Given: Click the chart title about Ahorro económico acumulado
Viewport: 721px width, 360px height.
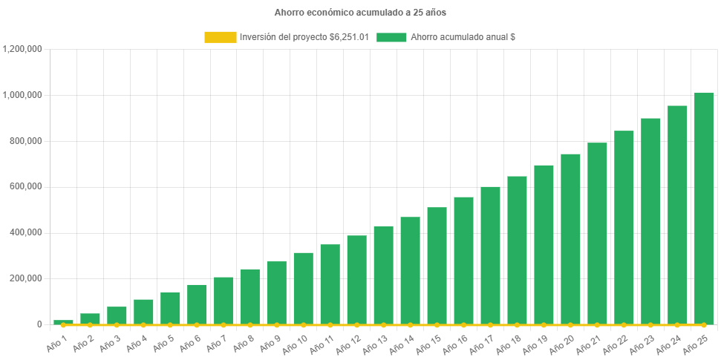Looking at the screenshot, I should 360,13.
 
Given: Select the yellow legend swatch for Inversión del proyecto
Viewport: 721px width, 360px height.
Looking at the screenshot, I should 220,37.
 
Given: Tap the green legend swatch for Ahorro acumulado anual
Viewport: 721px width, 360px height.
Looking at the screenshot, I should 391,37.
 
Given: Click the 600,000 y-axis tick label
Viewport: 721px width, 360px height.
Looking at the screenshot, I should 27,186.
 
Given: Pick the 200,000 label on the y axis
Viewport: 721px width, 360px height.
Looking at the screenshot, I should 27,278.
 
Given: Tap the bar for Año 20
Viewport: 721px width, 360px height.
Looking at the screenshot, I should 570,239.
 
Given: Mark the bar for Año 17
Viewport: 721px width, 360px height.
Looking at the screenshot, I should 490,255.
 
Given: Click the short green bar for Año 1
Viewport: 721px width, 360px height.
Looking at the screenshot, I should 63,321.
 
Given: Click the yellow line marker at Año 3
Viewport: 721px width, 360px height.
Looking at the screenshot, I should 117,325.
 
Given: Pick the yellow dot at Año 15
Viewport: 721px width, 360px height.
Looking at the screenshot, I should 437,325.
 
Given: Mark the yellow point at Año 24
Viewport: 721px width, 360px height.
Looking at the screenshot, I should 677,325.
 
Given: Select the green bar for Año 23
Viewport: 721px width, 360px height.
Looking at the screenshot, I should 650,221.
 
